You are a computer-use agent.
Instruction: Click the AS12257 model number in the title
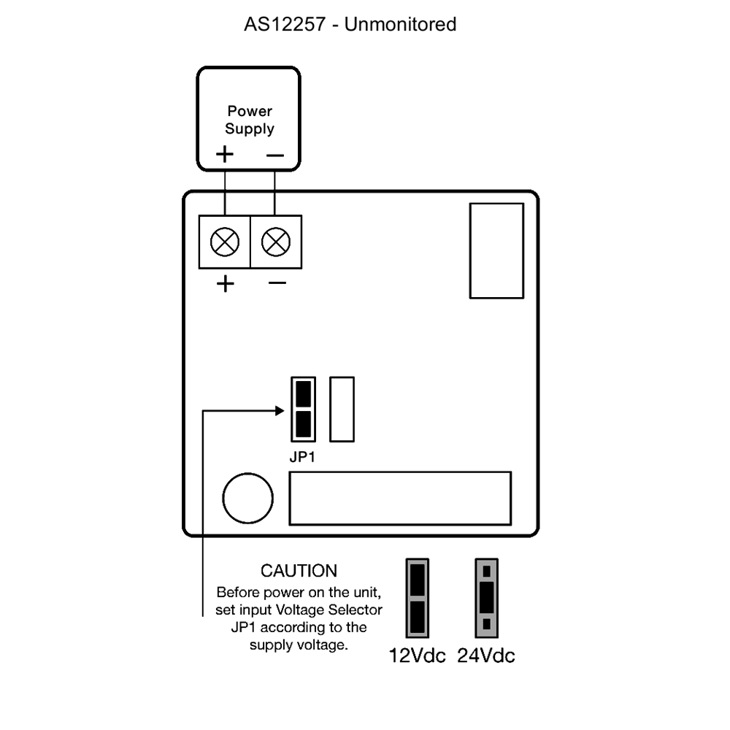point(285,25)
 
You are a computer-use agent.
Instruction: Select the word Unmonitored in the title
point(400,25)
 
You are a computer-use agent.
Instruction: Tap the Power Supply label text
point(250,120)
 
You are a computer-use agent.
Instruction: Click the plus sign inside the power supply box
point(224,154)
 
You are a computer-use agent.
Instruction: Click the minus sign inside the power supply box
point(275,155)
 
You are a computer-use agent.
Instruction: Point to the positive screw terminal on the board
point(225,242)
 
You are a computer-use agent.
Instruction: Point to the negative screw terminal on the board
point(276,242)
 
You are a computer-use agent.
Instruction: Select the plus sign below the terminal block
point(226,283)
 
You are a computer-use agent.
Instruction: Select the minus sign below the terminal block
point(277,283)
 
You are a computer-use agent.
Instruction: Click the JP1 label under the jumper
point(302,457)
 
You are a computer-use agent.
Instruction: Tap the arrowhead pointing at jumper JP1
point(280,410)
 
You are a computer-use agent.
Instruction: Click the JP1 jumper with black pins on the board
point(303,410)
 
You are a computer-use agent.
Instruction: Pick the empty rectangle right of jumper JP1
point(342,410)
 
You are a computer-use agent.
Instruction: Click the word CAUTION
point(299,571)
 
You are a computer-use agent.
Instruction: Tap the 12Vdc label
point(417,656)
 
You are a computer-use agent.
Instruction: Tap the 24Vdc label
point(486,656)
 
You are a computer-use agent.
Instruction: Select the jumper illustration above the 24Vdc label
point(486,599)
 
